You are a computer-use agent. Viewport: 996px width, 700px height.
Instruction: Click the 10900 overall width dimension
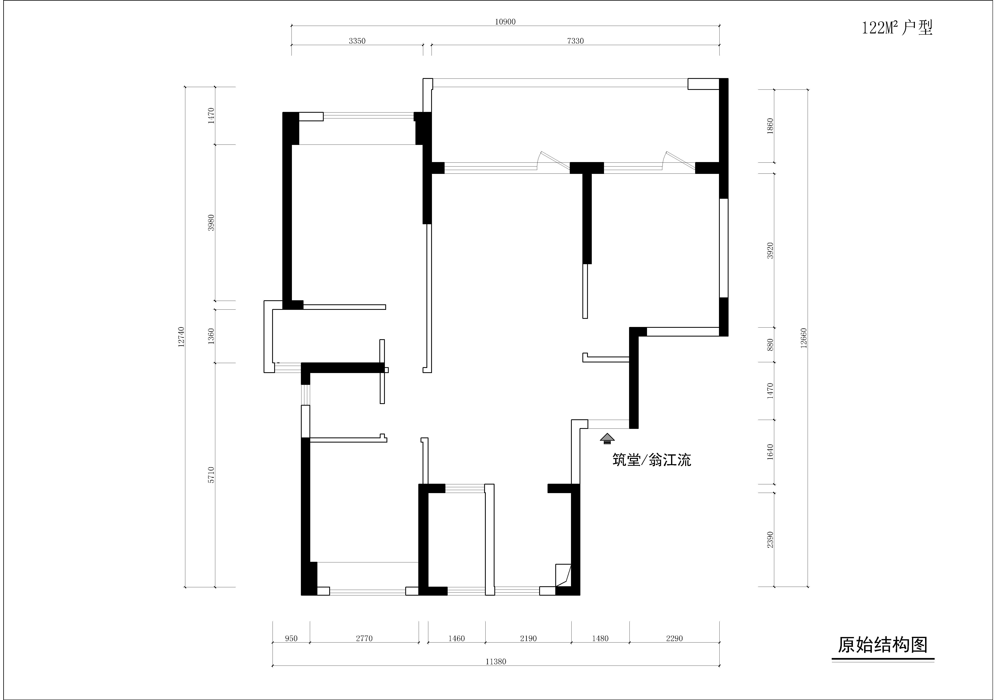click(505, 22)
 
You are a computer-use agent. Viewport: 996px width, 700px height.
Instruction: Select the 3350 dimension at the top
click(357, 41)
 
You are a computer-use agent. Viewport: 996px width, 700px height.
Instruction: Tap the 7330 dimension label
click(575, 41)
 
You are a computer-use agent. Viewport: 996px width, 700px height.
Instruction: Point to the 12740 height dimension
click(181, 337)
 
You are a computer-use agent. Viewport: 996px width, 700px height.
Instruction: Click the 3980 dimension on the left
click(211, 222)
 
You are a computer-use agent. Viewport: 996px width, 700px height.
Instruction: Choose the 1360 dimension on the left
click(211, 336)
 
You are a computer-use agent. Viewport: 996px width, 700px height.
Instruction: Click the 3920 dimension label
click(770, 251)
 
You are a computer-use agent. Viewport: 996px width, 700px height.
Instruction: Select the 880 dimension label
click(770, 345)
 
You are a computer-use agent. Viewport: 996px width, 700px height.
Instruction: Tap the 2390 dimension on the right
click(770, 540)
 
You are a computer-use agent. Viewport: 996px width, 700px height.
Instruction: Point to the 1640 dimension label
click(770, 452)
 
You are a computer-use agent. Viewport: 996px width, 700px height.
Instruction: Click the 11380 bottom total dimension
click(496, 661)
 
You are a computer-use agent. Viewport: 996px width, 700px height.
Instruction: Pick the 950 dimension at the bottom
click(291, 638)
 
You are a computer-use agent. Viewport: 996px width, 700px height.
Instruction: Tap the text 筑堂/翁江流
click(651, 460)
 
